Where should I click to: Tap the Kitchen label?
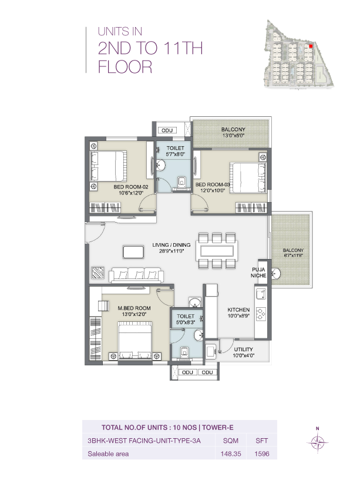tap(239, 310)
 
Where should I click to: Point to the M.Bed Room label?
tap(133, 308)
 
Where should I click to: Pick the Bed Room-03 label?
tap(213, 184)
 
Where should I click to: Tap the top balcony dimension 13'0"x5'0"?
tap(233, 136)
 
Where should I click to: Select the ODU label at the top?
tap(167, 130)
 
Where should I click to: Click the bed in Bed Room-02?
tap(109, 167)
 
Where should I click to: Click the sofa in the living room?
tap(135, 274)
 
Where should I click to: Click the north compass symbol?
tap(317, 442)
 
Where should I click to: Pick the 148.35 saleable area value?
tap(227, 453)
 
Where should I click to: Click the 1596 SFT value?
tap(261, 453)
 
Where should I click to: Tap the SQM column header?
tap(227, 441)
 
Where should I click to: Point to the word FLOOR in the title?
tap(125, 68)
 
